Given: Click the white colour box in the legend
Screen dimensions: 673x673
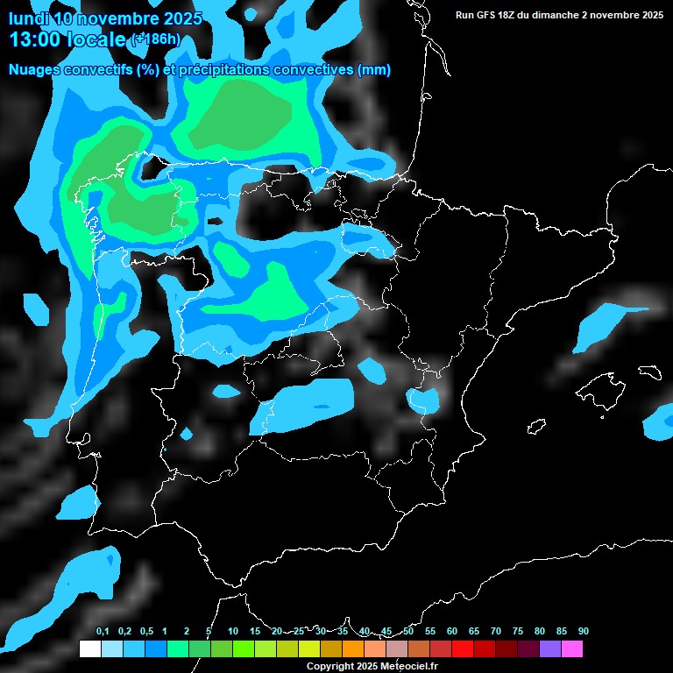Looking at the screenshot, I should (89, 648).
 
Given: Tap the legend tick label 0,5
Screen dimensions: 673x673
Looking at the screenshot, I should (146, 632).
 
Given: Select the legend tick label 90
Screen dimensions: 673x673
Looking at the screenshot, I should (584, 632).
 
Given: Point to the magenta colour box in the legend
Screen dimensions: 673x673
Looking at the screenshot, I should (572, 648).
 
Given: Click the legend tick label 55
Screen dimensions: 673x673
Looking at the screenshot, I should (430, 632).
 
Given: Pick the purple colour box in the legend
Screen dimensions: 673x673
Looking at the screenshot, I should (550, 648).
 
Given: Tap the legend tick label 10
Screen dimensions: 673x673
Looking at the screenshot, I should (233, 632).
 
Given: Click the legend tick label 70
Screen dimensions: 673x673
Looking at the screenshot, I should (496, 632).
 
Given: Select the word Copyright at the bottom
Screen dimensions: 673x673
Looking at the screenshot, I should (330, 666).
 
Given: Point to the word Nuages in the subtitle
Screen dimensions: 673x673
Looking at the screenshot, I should (33, 70).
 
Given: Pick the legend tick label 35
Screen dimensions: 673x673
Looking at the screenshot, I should (343, 632).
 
